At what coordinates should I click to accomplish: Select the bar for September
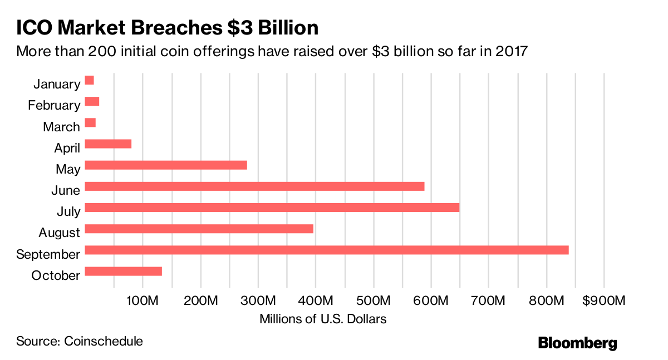click(326, 250)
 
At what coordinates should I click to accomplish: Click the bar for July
click(272, 208)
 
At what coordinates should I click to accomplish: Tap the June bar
click(254, 186)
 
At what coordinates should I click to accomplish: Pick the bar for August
click(199, 229)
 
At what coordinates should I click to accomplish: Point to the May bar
click(165, 165)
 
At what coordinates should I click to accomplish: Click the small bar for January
click(89, 80)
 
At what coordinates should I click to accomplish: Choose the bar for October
click(123, 271)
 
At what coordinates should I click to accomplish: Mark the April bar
click(108, 144)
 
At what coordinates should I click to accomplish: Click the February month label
click(54, 105)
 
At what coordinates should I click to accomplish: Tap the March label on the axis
click(61, 127)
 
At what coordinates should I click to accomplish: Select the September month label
click(48, 254)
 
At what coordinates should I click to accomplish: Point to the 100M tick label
click(143, 300)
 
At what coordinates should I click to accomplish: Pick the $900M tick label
click(604, 300)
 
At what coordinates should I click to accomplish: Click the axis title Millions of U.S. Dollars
click(322, 319)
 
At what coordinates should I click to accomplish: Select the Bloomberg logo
click(577, 343)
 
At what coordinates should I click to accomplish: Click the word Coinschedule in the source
click(104, 341)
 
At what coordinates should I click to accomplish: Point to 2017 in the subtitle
click(509, 52)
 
